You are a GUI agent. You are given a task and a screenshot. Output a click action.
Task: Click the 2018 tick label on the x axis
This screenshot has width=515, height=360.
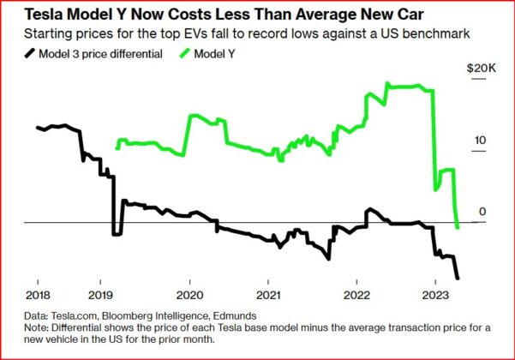coord(38,293)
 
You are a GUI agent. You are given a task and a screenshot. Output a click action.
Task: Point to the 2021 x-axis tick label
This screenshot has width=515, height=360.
coord(269,293)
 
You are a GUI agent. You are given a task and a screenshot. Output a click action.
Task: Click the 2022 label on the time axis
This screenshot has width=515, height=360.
coord(355,293)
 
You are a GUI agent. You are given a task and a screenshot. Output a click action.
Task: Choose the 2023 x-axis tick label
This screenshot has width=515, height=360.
coord(434,293)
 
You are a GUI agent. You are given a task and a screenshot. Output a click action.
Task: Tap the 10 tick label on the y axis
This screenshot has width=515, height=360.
coord(482,141)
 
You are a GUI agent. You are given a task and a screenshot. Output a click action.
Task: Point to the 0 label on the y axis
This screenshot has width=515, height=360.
coord(483,211)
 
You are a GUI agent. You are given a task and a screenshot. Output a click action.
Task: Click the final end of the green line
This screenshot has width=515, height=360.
coord(458,227)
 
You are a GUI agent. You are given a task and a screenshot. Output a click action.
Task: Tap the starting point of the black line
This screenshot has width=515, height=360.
coord(37,128)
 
